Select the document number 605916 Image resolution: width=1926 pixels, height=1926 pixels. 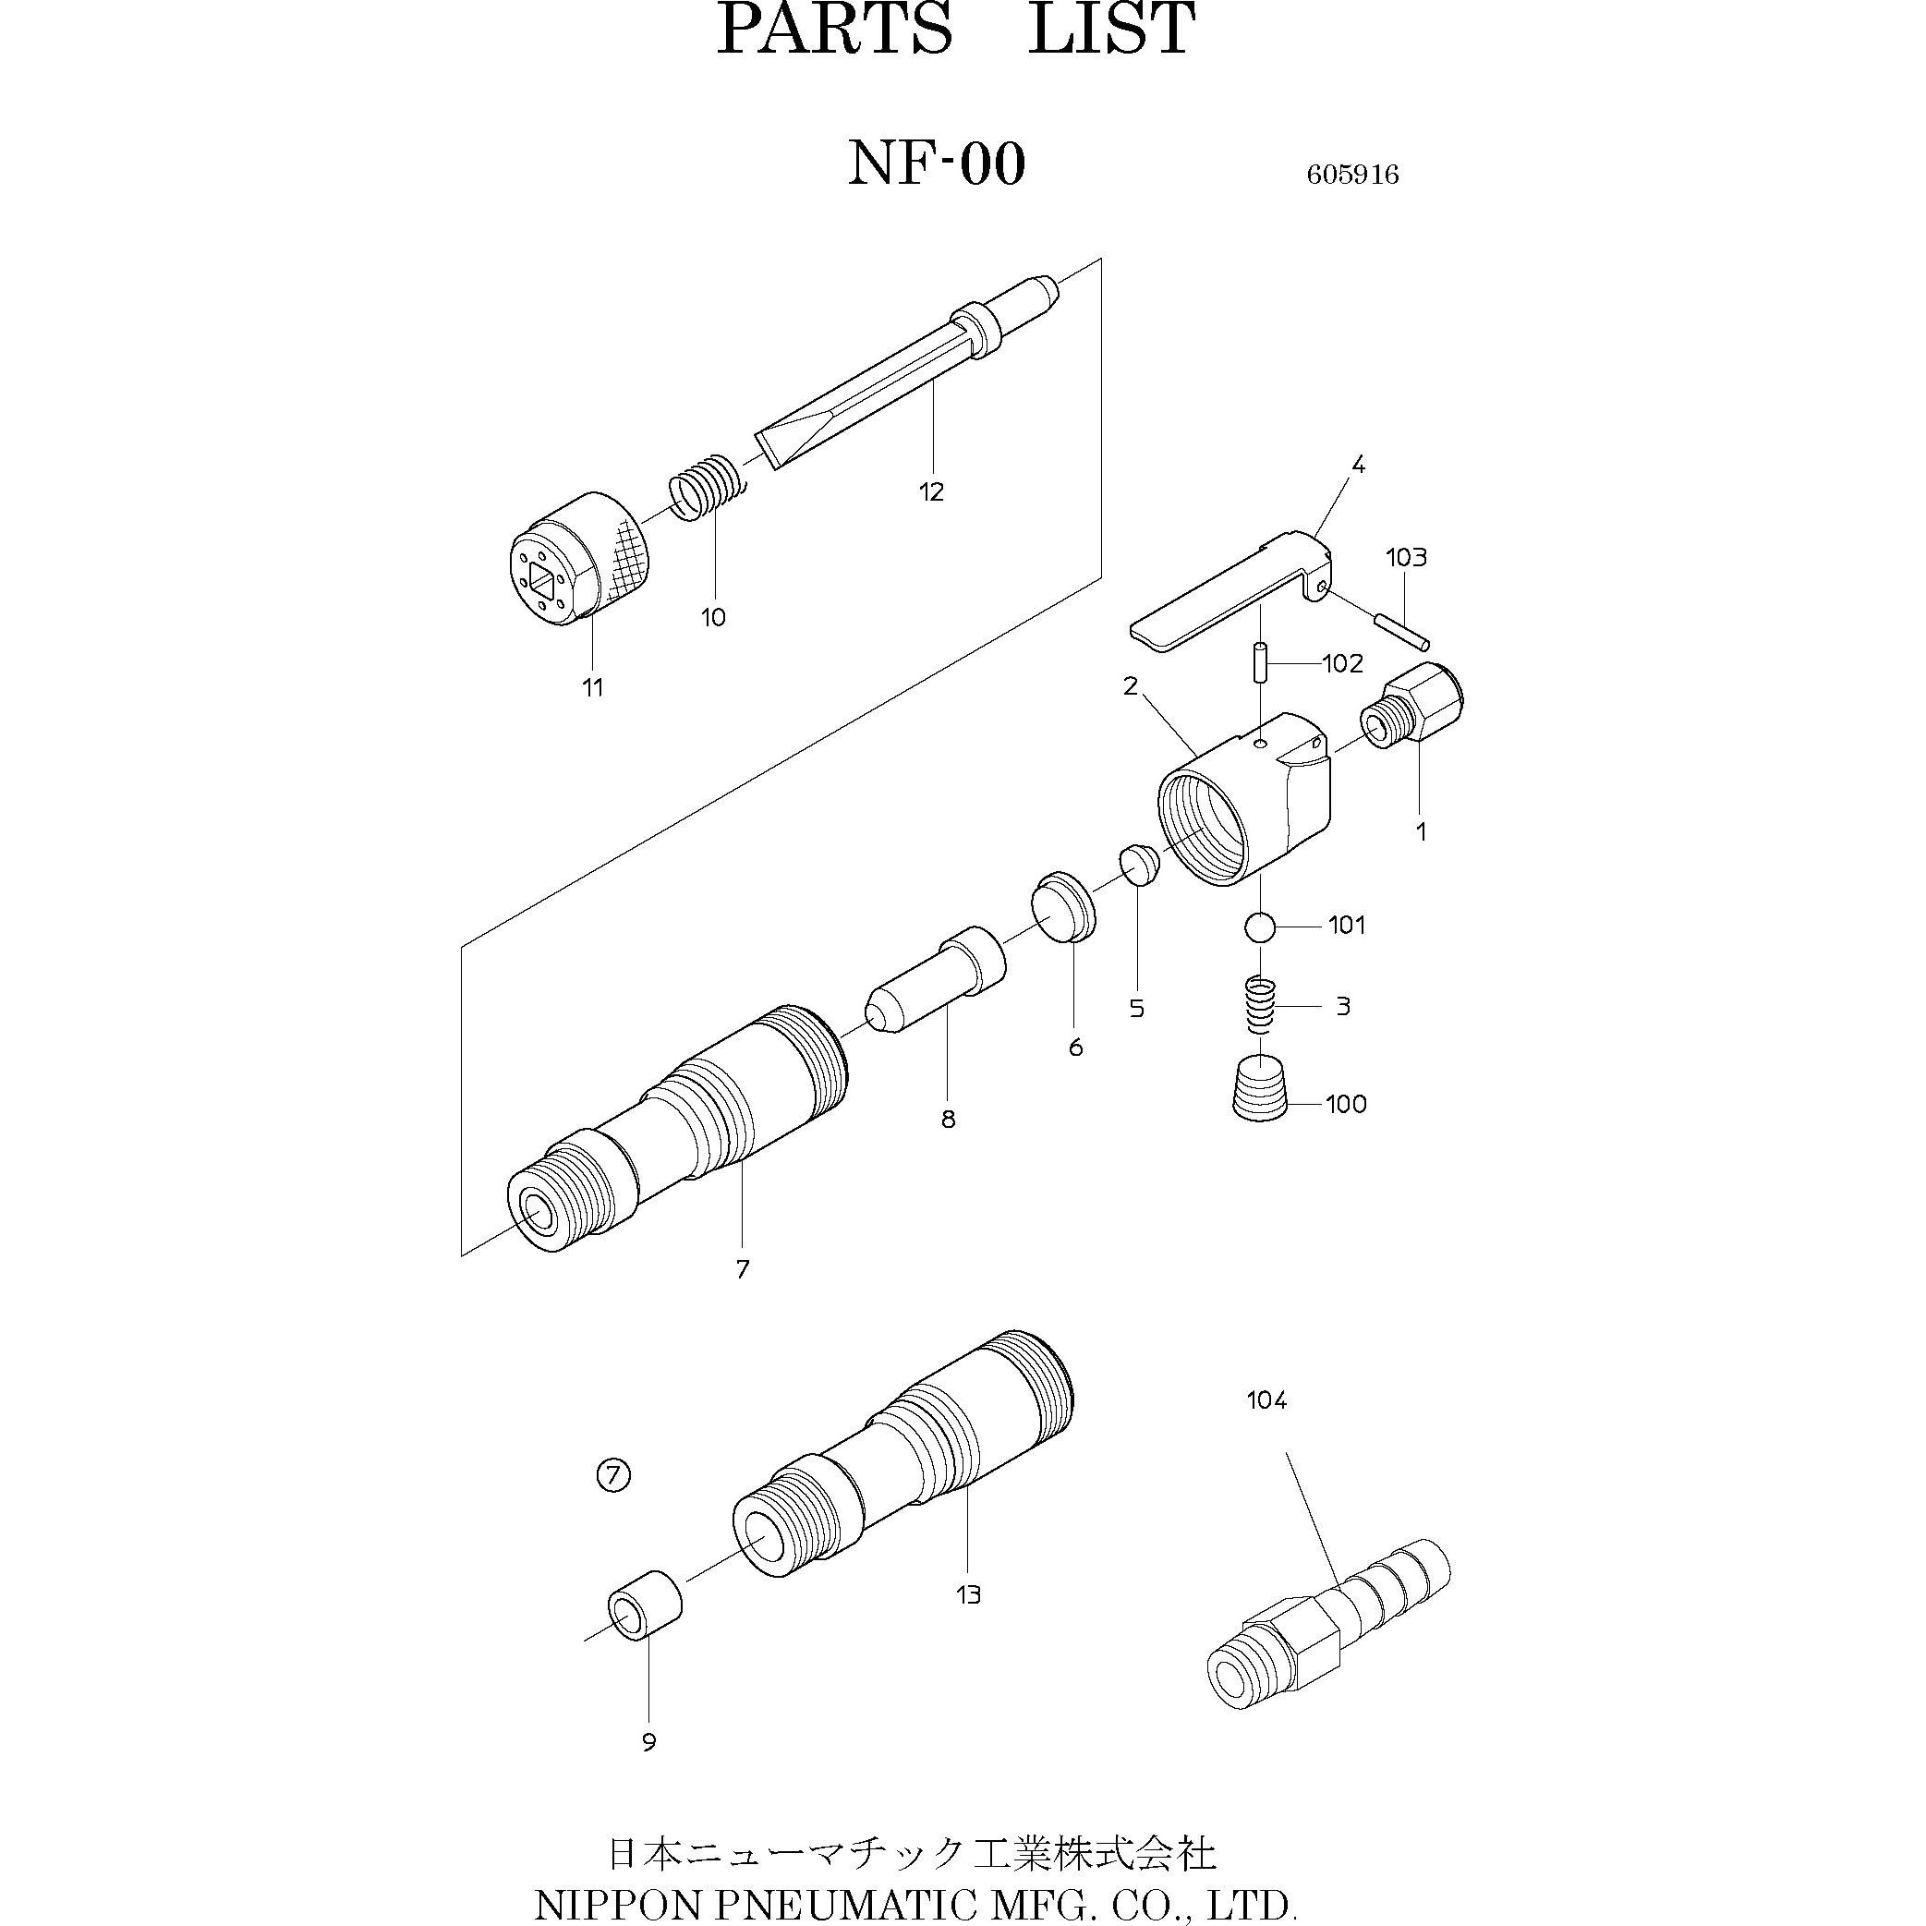pos(1352,176)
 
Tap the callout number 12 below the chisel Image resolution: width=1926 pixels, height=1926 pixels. pos(931,491)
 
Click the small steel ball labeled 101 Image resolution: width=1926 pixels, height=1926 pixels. pos(1260,927)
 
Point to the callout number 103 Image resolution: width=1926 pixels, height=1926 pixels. pos(1406,557)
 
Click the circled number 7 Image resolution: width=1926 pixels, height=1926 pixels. pos(614,1474)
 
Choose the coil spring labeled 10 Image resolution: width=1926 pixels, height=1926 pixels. pos(705,488)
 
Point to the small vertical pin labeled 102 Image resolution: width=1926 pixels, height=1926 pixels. pos(1261,662)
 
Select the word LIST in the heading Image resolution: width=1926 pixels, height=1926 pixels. pos(1110,30)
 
